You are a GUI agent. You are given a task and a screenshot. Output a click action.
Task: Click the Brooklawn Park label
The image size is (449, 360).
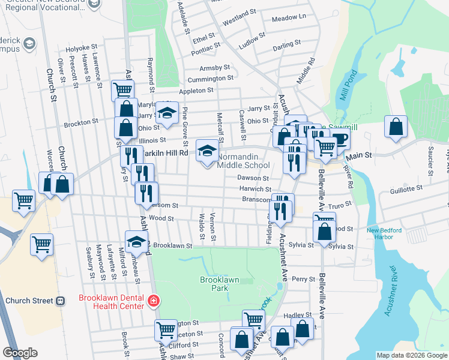tap(214, 284)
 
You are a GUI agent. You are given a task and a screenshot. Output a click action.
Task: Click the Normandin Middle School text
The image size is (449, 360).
tap(243, 161)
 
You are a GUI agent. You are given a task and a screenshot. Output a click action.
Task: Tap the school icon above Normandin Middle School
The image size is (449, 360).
tap(207, 150)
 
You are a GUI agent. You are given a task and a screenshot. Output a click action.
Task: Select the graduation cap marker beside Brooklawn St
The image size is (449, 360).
tap(136, 241)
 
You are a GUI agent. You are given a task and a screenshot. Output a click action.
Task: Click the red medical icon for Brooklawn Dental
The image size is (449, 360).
tap(154, 301)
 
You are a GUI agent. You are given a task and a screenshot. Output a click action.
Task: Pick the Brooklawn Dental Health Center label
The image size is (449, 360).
tap(112, 302)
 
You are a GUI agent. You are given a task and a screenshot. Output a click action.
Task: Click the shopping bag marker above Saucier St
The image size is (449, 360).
tap(396, 127)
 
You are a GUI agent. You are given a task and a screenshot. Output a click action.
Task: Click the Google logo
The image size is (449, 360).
tap(20, 353)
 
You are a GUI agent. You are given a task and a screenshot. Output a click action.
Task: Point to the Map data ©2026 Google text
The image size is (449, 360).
tap(411, 355)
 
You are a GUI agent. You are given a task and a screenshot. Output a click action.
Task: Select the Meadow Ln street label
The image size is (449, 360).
tap(288, 18)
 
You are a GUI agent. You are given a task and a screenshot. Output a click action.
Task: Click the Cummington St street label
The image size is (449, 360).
tap(210, 79)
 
